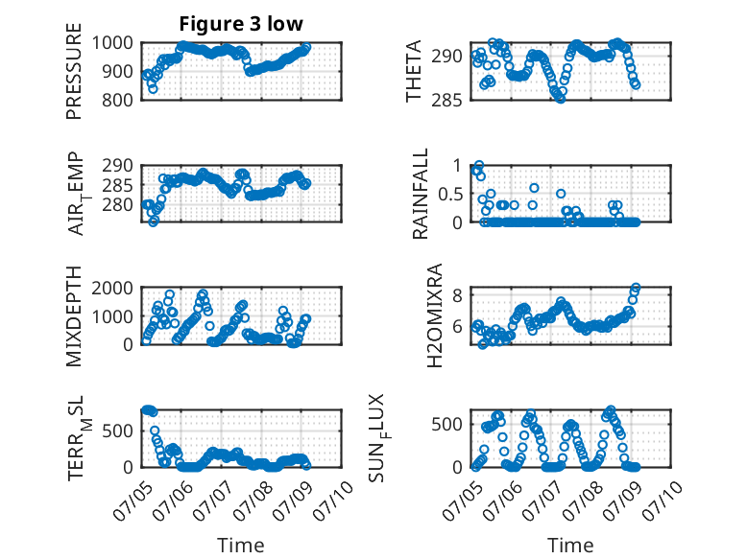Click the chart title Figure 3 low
[241, 23]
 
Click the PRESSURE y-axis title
[74, 71]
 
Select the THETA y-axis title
[414, 71]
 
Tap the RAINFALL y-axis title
[421, 194]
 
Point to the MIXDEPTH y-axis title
[74, 316]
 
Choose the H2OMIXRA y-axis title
[435, 315]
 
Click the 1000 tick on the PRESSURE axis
[112, 43]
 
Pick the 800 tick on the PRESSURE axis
[118, 101]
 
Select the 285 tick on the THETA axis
[446, 101]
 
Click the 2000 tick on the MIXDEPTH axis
[112, 289]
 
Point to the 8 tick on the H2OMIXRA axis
[457, 296]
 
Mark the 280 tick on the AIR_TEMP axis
[118, 205]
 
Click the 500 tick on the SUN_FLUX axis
[446, 425]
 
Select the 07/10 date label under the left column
[333, 501]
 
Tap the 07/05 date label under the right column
[462, 501]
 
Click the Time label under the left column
[241, 546]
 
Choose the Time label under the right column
[570, 546]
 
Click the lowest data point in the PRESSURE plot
[153, 89]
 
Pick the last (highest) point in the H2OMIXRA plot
[636, 288]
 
